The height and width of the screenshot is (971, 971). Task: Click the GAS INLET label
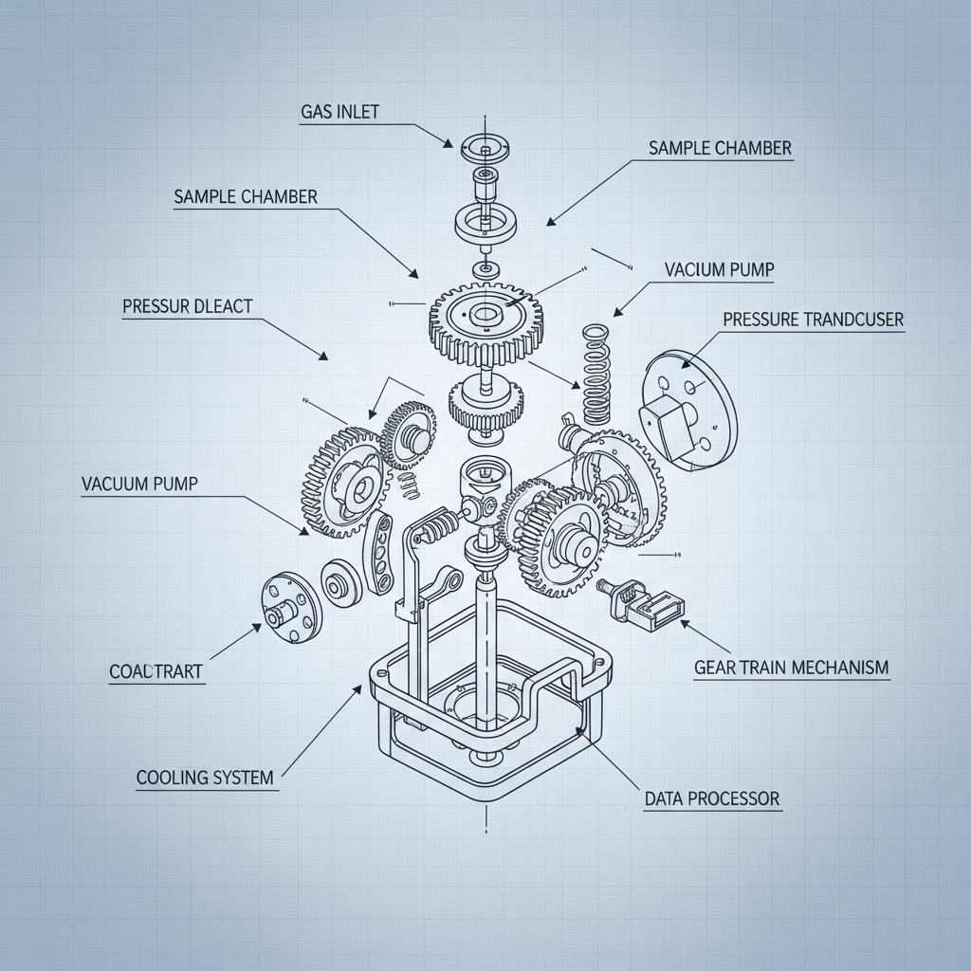coord(339,112)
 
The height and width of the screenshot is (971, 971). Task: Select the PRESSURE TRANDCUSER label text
coord(813,321)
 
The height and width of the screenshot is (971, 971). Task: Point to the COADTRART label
coord(156,671)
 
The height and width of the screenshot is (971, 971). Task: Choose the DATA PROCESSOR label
coord(712,798)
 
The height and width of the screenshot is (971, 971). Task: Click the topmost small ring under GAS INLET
coord(484,149)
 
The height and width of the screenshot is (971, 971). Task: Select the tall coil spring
coord(595,375)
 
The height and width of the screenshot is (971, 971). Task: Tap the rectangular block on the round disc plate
coord(670,418)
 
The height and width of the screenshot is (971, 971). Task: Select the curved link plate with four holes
coord(379,554)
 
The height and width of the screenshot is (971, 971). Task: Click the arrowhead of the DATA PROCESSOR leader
coord(580,731)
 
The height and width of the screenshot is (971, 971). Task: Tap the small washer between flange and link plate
coord(339,582)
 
